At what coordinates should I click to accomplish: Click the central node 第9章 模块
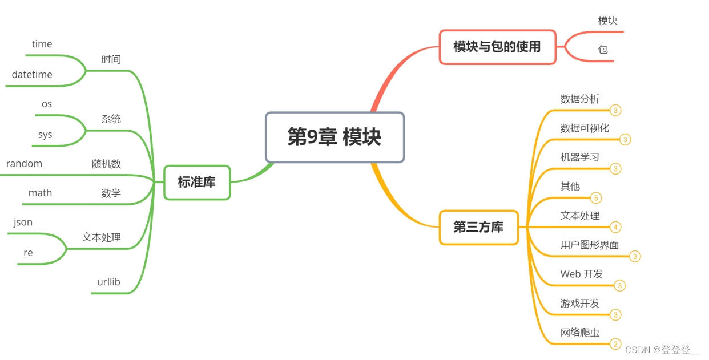click(x=335, y=137)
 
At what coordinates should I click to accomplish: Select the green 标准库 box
click(x=197, y=183)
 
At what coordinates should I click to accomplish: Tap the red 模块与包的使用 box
click(x=497, y=47)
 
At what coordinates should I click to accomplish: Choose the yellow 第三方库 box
click(x=478, y=227)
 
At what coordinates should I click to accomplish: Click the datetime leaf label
click(x=32, y=75)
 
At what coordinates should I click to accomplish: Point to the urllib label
click(x=109, y=282)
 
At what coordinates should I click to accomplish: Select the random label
click(x=25, y=164)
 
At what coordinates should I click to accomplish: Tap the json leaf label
click(x=23, y=222)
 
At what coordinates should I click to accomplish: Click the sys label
click(x=45, y=135)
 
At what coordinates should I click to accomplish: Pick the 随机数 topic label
click(x=107, y=164)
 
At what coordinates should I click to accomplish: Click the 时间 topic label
click(x=111, y=59)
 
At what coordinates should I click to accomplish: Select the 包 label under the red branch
click(x=603, y=50)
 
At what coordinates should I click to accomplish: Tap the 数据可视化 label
click(x=585, y=128)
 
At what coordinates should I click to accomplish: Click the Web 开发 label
click(x=582, y=274)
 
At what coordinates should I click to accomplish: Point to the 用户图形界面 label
click(x=590, y=245)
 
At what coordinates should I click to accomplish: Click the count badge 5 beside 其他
click(x=596, y=198)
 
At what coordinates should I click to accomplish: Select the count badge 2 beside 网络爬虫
click(x=615, y=344)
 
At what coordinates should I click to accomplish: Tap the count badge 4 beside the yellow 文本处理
click(x=615, y=227)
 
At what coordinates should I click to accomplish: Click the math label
click(x=40, y=193)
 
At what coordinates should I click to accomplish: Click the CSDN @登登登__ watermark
click(x=662, y=350)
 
